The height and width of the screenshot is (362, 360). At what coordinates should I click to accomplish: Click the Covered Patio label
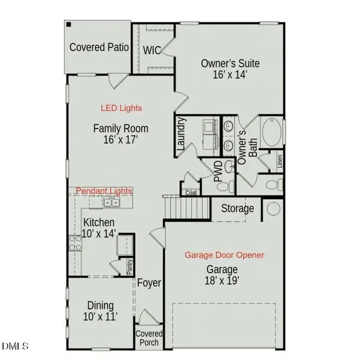click(99, 47)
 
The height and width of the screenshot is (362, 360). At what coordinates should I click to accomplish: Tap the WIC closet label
click(152, 50)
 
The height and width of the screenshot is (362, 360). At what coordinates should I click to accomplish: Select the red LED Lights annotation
click(121, 108)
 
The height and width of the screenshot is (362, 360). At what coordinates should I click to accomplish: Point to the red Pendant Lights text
click(104, 190)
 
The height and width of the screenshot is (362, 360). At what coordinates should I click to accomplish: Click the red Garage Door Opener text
click(224, 255)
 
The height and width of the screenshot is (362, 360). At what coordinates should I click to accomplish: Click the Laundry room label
click(180, 134)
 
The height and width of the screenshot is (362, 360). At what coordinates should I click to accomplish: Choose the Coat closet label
click(191, 193)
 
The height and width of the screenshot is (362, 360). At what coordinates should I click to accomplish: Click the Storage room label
click(236, 209)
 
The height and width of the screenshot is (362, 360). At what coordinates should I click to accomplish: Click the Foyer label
click(148, 283)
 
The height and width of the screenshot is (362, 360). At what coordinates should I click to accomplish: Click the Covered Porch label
click(148, 338)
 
